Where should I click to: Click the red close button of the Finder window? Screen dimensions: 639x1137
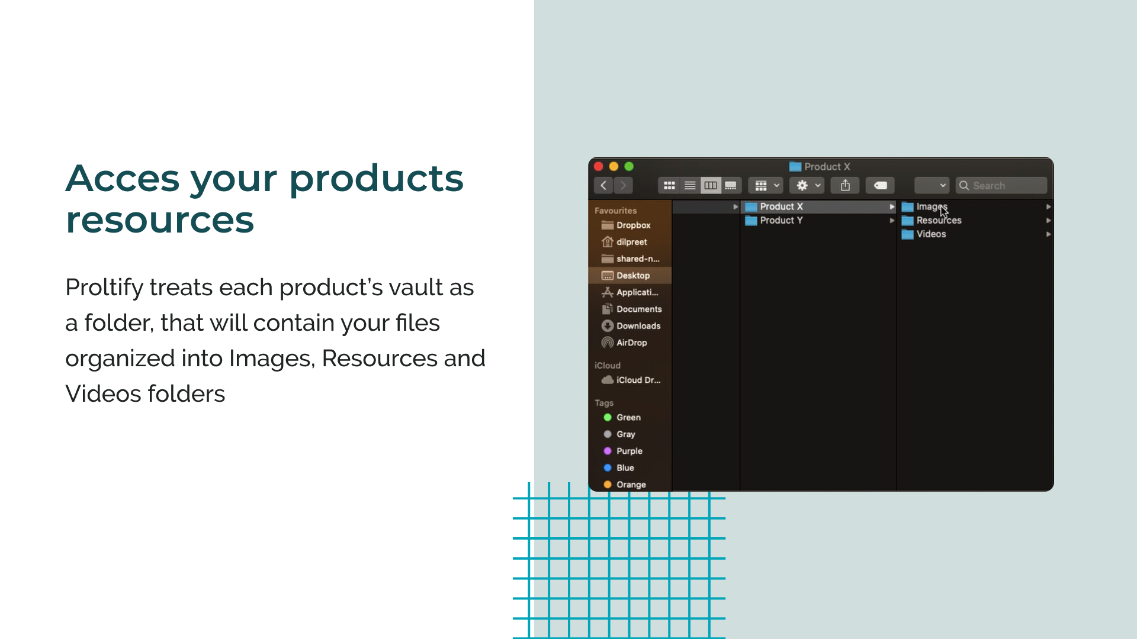599,167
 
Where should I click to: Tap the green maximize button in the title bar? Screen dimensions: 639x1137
629,167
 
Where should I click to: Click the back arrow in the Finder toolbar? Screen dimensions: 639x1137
603,186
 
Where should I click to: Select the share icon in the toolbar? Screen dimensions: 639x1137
845,186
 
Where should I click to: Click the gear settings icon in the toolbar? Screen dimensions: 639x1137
802,186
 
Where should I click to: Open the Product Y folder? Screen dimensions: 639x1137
781,221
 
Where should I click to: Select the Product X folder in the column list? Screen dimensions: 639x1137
781,206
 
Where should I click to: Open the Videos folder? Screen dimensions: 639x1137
931,234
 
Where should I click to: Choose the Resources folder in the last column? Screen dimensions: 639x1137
939,221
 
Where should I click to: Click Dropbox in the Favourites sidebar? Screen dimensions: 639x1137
633,225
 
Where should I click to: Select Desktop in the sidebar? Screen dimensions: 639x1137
632,276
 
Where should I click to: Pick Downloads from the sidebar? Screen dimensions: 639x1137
638,326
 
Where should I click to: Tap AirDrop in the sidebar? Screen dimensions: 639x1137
631,343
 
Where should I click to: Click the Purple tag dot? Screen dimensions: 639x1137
608,451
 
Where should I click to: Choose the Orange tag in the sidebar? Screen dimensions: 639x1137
631,485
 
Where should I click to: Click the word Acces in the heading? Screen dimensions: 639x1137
123,179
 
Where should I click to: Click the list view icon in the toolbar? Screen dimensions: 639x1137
690,186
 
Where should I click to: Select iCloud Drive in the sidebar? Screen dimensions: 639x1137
638,380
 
